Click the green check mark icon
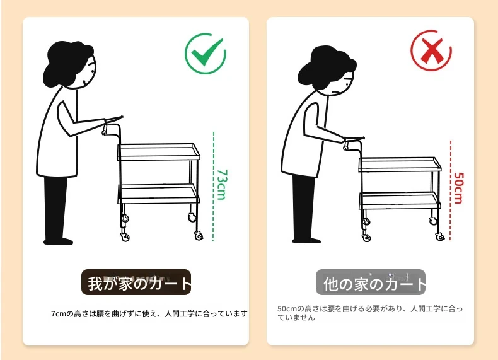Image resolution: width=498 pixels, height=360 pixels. coord(206,54)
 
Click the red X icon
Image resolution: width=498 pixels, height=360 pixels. coord(431,50)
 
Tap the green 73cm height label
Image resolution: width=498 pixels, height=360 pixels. coord(222,185)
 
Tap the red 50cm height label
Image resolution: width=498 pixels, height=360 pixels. coord(459,188)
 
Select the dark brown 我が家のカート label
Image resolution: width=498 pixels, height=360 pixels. coord(136,282)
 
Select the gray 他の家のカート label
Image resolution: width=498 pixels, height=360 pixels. coord(371,282)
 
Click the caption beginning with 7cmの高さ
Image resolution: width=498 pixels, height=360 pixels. coord(149,314)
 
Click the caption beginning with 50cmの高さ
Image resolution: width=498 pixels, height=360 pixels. coord(370,313)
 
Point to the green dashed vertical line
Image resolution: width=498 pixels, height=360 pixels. coord(214,187)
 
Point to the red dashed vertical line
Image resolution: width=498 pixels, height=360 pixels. coord(450,190)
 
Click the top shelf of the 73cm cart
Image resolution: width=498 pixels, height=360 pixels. coord(159,152)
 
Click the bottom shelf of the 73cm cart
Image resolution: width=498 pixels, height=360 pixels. coord(158,194)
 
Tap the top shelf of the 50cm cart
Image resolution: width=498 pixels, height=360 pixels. coord(400,165)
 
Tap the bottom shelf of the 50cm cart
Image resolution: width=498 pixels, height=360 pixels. coord(400,200)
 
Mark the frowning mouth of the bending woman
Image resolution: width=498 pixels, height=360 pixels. coord(336,93)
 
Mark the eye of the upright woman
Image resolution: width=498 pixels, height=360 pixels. coord(93,71)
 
